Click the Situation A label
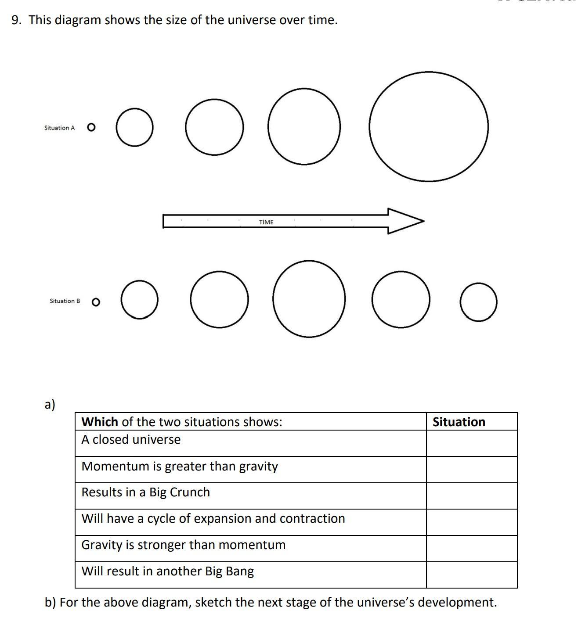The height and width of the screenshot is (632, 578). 59,128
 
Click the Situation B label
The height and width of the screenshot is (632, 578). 65,301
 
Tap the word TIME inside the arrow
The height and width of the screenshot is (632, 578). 266,222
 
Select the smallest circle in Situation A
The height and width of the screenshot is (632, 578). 91,127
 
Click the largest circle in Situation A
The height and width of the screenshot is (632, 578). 428,126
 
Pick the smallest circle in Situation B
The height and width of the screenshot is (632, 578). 96,302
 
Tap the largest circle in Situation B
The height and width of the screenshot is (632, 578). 309,299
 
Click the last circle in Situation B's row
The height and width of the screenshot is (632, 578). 479,302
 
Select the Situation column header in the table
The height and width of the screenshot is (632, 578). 459,422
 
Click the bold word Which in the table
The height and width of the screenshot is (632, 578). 100,422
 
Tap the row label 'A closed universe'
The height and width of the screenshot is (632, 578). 131,439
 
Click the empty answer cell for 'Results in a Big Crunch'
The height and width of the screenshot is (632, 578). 471,496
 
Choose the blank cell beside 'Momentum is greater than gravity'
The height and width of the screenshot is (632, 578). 471,470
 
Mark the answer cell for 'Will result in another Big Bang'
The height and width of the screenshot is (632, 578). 471,575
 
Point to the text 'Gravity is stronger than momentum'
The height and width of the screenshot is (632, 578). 184,545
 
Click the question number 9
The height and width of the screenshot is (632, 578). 16,20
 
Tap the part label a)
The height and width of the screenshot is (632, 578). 50,404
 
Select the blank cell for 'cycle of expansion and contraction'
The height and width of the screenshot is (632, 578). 471,522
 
